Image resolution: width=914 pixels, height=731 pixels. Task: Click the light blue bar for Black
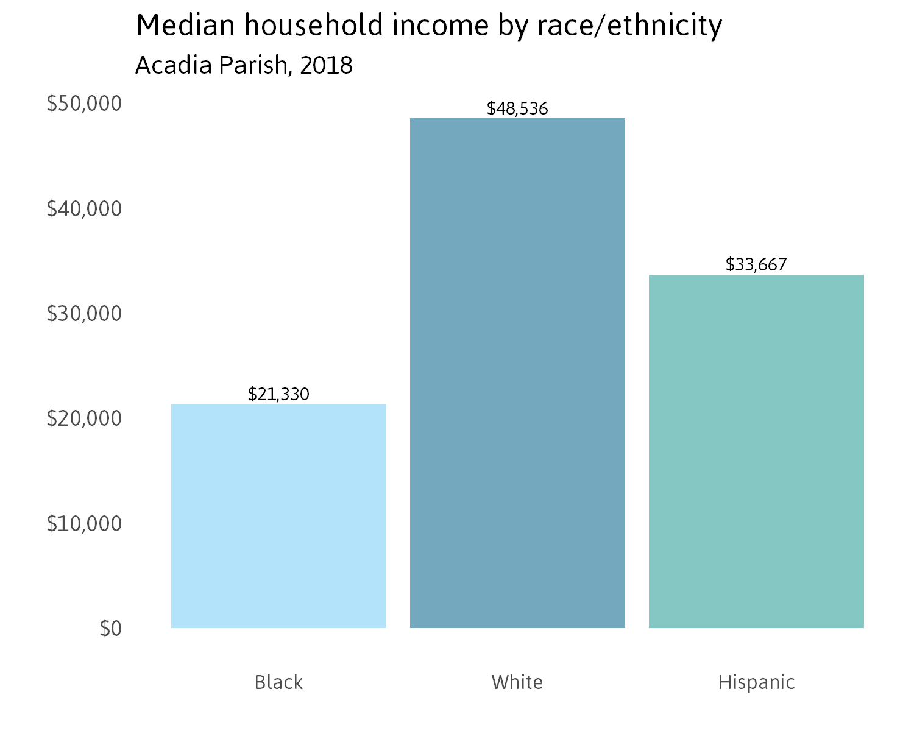278,516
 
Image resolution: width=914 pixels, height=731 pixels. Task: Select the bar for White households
517,373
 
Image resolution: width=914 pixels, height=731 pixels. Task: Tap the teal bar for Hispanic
756,451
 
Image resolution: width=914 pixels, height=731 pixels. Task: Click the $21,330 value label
278,394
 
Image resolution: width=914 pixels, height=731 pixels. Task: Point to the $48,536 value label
517,108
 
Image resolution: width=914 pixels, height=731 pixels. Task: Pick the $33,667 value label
756,264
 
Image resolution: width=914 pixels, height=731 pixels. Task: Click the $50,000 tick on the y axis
84,104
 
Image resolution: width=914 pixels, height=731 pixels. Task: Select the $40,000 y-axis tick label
84,209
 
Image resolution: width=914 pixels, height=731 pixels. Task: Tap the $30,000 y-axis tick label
84,314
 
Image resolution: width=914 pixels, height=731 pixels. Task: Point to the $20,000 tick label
84,418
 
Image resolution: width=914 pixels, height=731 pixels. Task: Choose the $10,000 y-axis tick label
84,523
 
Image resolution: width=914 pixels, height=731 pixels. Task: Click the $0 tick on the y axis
110,628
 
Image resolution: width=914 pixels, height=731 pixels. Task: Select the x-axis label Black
278,682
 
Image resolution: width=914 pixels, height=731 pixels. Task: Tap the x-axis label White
517,682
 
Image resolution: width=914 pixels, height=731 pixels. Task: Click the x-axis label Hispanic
756,682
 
